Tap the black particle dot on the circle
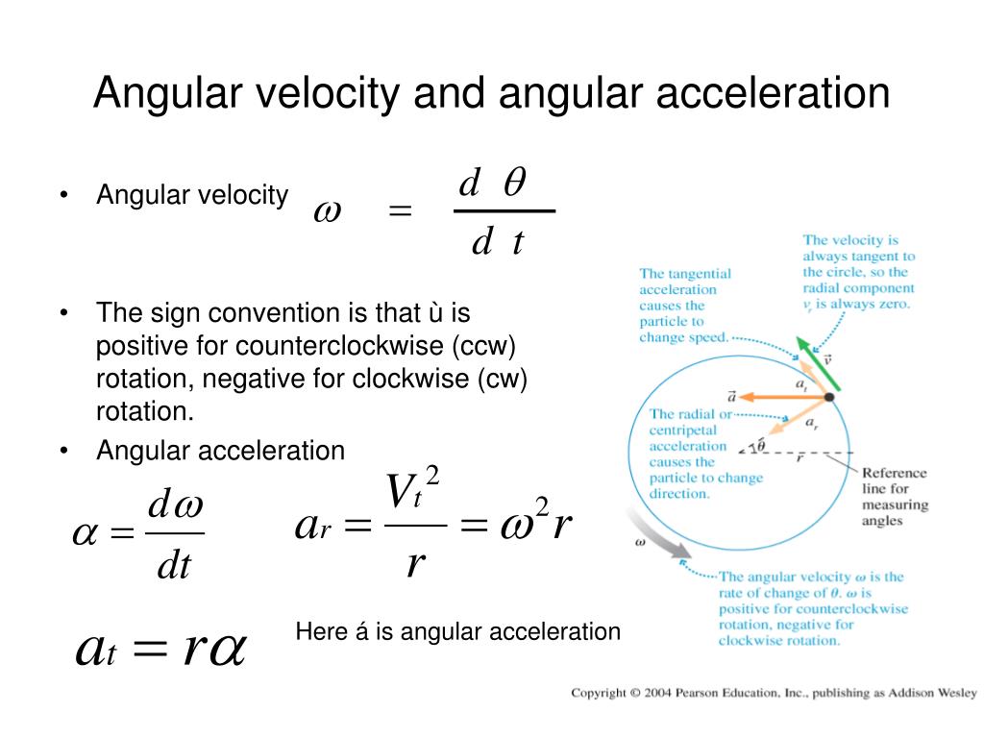click(829, 397)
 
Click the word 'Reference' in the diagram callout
click(894, 473)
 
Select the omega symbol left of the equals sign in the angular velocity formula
click(328, 210)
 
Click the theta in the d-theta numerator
click(515, 182)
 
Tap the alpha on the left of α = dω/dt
click(86, 534)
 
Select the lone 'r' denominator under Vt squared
click(415, 562)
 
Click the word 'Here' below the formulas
click(317, 632)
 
